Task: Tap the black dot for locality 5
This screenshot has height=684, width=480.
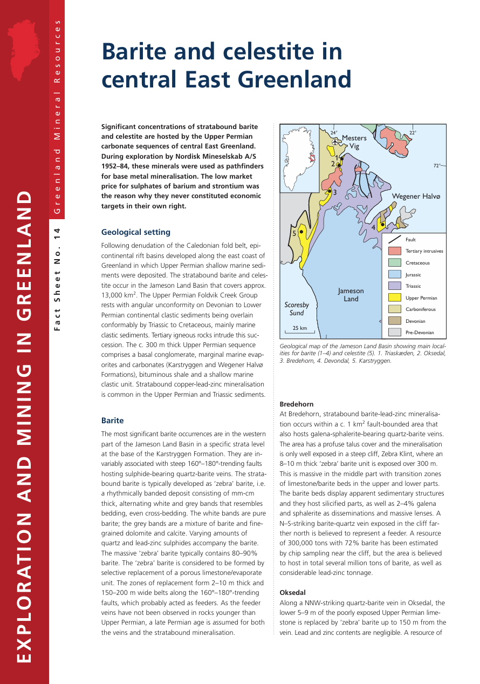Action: (x=301, y=232)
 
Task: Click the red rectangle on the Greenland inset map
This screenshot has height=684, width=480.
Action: (x=312, y=158)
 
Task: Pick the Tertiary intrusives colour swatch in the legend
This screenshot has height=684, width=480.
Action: (x=395, y=251)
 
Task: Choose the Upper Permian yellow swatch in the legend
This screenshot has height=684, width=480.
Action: (x=395, y=297)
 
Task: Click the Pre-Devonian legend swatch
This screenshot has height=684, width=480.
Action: (x=395, y=333)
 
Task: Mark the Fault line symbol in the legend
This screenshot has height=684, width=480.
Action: (x=395, y=239)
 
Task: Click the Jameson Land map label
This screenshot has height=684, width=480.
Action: (x=351, y=295)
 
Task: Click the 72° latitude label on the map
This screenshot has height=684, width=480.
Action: (x=437, y=166)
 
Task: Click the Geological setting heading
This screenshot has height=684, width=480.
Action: (x=136, y=232)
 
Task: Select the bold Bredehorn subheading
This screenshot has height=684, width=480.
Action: (x=296, y=404)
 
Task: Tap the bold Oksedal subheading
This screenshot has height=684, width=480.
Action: (x=292, y=592)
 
